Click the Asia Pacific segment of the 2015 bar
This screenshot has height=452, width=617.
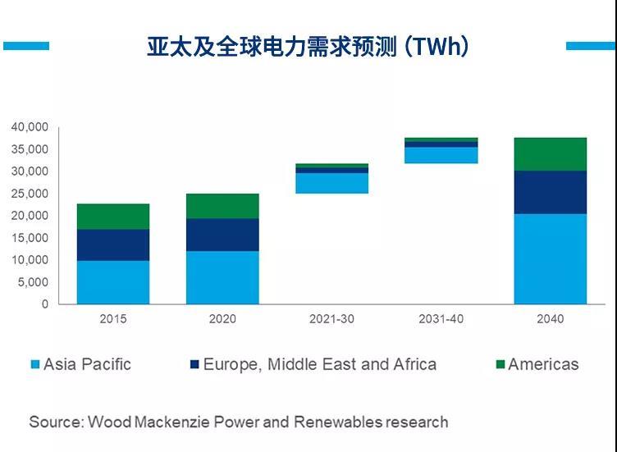click(113, 282)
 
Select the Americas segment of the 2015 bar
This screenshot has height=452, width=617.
click(113, 217)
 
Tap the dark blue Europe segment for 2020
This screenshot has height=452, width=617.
click(222, 235)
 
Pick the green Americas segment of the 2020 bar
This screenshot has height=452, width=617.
click(222, 206)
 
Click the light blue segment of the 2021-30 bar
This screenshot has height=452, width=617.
click(331, 183)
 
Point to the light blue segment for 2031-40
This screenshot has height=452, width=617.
click(441, 155)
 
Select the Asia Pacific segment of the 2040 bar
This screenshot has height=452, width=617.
click(551, 258)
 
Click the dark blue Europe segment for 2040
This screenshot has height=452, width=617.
click(551, 192)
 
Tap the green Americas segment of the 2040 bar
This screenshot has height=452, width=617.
click(551, 154)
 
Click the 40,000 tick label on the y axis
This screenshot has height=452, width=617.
click(30, 127)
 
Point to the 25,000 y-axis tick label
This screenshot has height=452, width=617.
click(30, 194)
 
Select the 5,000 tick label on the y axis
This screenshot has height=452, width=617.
click(34, 282)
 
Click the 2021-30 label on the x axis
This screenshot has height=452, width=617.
click(331, 318)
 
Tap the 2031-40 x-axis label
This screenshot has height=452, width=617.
click(441, 318)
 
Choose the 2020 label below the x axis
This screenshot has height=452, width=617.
click(222, 318)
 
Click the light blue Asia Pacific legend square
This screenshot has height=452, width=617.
click(34, 364)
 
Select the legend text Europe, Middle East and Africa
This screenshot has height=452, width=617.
click(319, 364)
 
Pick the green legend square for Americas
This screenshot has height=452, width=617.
click(499, 364)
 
